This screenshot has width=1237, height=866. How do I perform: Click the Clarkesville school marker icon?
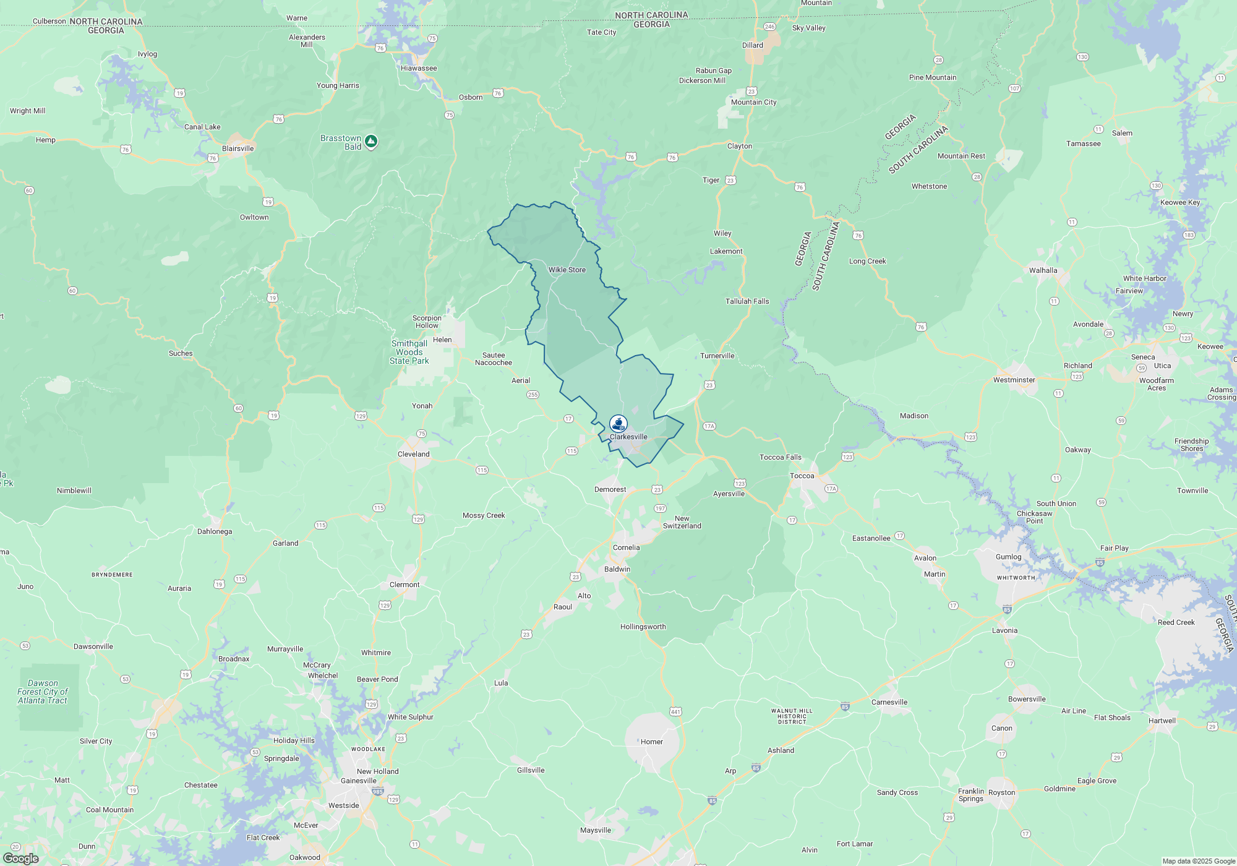pyautogui.click(x=618, y=423)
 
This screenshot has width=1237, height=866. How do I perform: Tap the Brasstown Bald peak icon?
pyautogui.click(x=370, y=142)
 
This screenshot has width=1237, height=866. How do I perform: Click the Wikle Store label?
pyautogui.click(x=567, y=270)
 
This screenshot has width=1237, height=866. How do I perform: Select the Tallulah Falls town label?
pyautogui.click(x=747, y=301)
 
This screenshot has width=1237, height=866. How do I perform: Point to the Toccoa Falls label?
pyautogui.click(x=780, y=457)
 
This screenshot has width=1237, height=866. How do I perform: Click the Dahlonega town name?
pyautogui.click(x=215, y=531)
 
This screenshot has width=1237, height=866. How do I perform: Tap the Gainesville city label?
pyautogui.click(x=358, y=781)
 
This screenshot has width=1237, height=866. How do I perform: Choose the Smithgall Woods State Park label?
pyautogui.click(x=409, y=352)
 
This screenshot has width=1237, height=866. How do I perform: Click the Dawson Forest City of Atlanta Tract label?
pyautogui.click(x=43, y=692)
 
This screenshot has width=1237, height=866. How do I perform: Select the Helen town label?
pyautogui.click(x=442, y=340)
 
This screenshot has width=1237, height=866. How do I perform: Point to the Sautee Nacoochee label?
pyautogui.click(x=493, y=359)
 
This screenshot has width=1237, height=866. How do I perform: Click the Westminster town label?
pyautogui.click(x=1014, y=380)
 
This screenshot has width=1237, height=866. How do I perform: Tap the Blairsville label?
pyautogui.click(x=238, y=148)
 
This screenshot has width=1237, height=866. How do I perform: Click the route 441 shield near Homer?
pyautogui.click(x=675, y=711)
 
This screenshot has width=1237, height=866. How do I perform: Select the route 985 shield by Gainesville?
pyautogui.click(x=378, y=791)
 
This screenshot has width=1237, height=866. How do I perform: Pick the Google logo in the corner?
pyautogui.click(x=20, y=859)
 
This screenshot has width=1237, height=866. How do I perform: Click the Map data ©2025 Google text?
pyautogui.click(x=1198, y=861)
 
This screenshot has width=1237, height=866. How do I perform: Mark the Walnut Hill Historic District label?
pyautogui.click(x=792, y=716)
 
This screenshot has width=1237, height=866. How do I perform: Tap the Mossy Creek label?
pyautogui.click(x=484, y=515)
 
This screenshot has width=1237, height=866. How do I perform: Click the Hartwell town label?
pyautogui.click(x=1162, y=721)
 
